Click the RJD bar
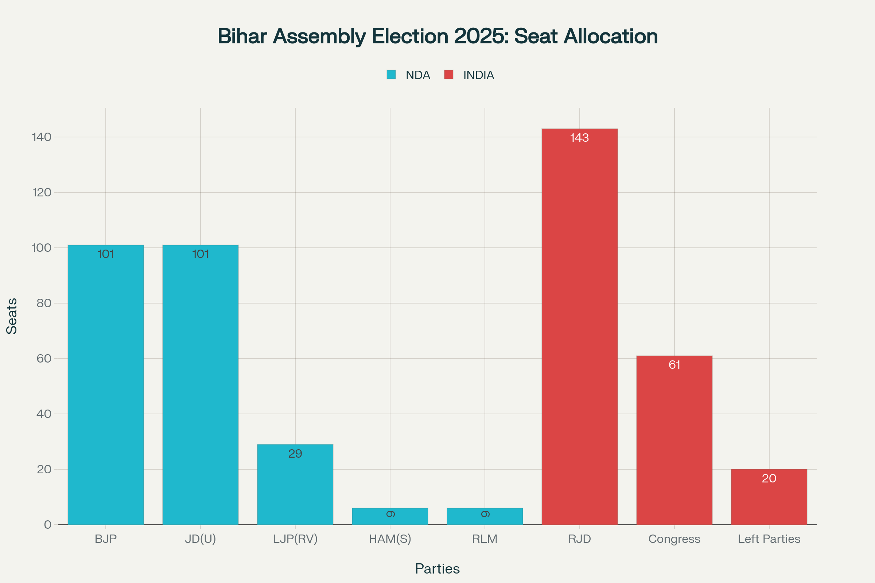[x=579, y=327]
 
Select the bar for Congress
[x=674, y=441]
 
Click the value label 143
[x=579, y=138]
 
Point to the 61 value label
[x=674, y=365]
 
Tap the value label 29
[x=295, y=454]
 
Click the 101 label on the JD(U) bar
[x=200, y=254]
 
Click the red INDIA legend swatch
[x=449, y=75]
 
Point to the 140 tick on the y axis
[x=42, y=137]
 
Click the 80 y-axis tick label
[x=43, y=303]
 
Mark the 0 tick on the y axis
[x=48, y=525]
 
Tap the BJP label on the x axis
[x=106, y=539]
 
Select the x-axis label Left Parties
[x=769, y=539]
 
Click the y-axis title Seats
[x=12, y=316]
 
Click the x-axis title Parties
[x=437, y=569]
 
